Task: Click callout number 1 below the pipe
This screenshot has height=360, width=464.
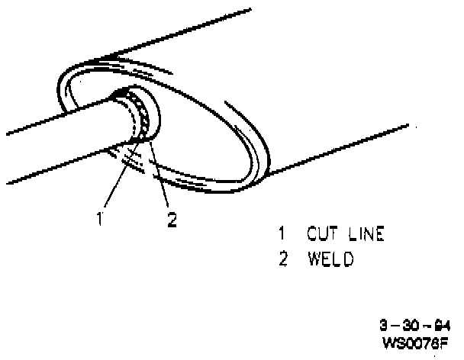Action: [x=99, y=219]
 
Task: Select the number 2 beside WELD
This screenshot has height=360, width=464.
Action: [x=282, y=259]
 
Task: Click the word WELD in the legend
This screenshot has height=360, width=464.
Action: [x=330, y=259]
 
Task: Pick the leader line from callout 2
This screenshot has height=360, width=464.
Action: [x=159, y=179]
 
